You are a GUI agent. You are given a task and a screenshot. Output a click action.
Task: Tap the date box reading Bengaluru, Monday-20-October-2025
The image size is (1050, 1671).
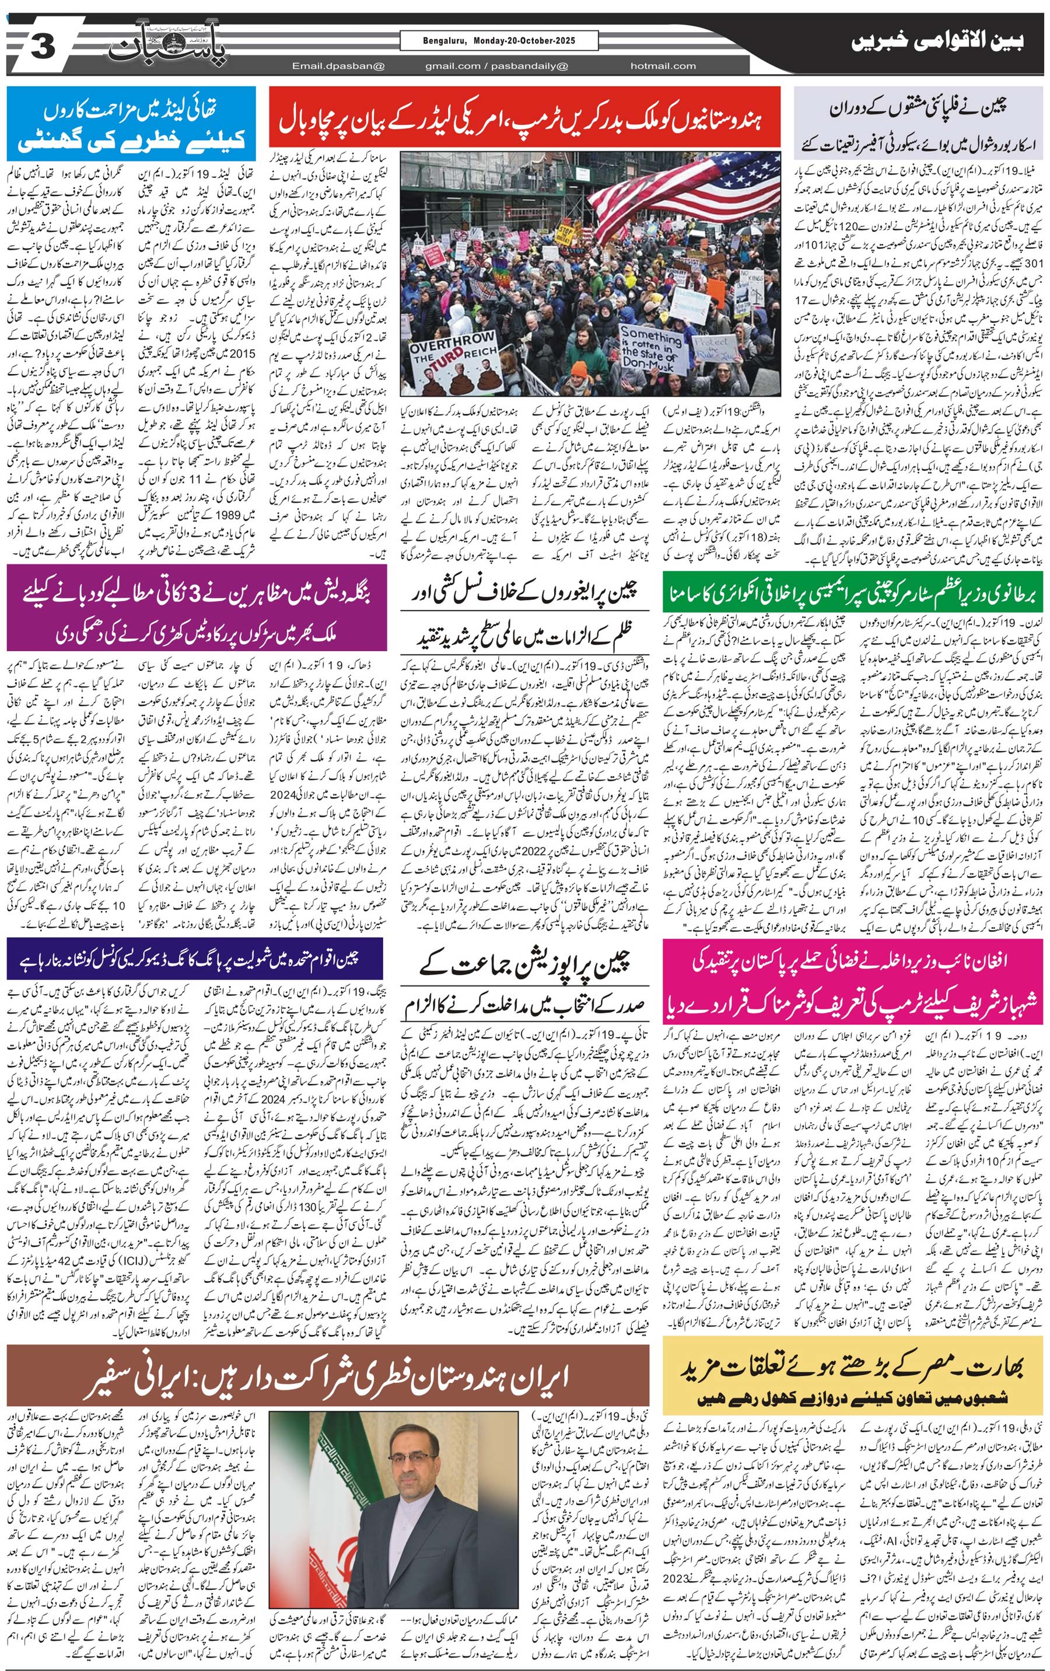pos(499,41)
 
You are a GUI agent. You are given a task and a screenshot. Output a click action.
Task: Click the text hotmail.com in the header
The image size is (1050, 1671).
pos(663,66)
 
